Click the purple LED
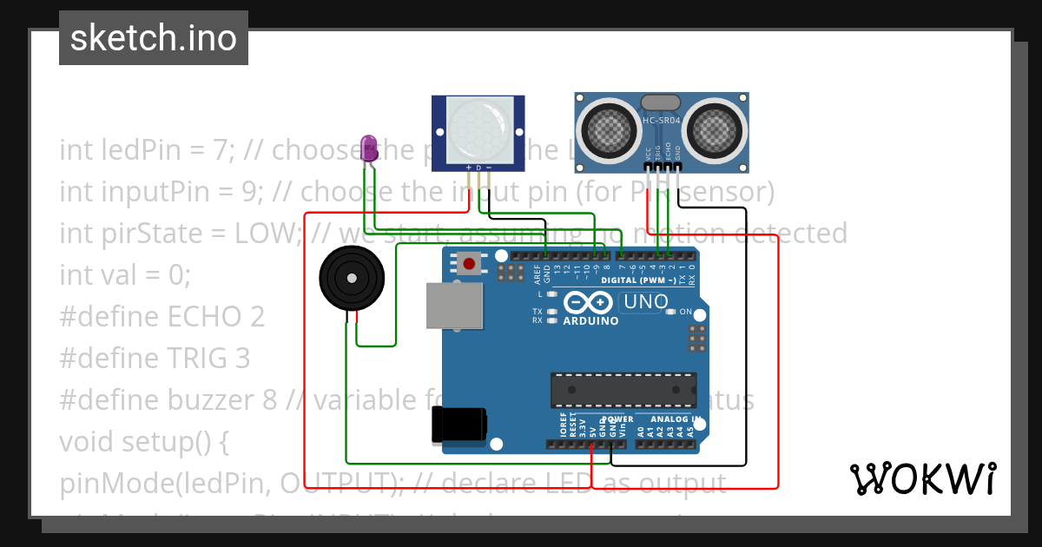[x=369, y=146]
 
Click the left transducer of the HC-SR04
[x=607, y=129]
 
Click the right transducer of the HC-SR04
[x=716, y=129]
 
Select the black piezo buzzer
[x=352, y=278]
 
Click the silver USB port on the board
[x=455, y=306]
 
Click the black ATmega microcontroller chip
[x=623, y=390]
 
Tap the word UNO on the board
[x=643, y=302]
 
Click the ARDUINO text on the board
[x=590, y=321]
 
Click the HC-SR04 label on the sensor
[x=661, y=121]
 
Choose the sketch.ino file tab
[x=154, y=38]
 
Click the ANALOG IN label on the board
[x=675, y=419]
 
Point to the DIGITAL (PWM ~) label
[x=638, y=281]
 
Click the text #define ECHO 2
[x=162, y=316]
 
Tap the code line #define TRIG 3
[x=155, y=358]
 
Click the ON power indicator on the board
[x=685, y=311]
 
